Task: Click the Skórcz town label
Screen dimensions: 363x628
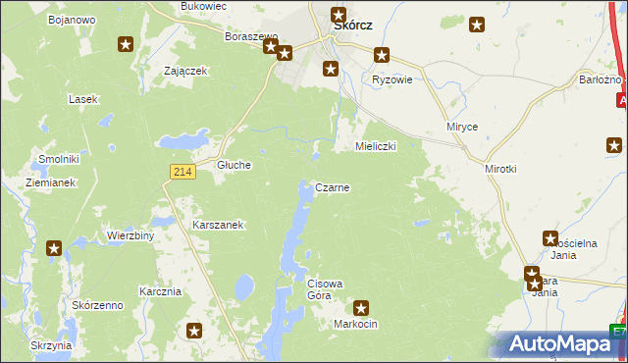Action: pos(352,26)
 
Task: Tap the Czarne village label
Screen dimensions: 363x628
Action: pos(333,186)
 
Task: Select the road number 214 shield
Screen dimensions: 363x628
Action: pos(180,172)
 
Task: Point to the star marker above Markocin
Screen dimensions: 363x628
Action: pos(361,307)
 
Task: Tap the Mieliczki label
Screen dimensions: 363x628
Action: pos(374,146)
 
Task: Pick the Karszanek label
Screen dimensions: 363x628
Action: pos(218,225)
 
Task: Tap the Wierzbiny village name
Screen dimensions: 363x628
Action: pos(131,236)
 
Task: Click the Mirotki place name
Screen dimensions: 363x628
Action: pos(500,169)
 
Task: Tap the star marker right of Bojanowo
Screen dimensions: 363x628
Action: pos(126,44)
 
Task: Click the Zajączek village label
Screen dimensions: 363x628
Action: pos(184,71)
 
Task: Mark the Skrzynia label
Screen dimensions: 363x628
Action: pos(51,345)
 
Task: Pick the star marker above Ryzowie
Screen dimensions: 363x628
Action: pos(382,56)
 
